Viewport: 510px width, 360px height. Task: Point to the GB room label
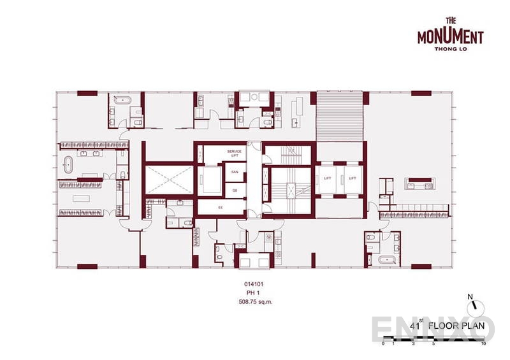coord(235,190)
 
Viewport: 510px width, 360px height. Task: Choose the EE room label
coord(221,207)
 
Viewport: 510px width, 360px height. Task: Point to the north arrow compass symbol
coord(469,304)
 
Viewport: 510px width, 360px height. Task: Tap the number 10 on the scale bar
coord(484,343)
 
